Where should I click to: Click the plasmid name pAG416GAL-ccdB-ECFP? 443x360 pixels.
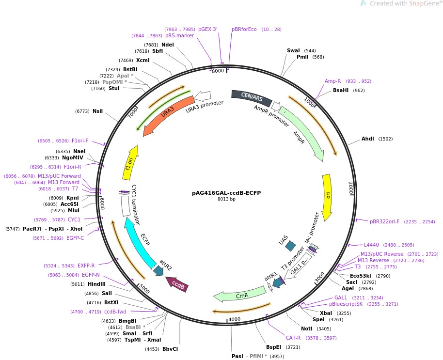click(226, 192)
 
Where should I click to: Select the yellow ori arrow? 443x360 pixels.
click(328, 194)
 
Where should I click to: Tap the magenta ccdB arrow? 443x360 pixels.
click(176, 284)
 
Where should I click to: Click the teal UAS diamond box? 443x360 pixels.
click(290, 246)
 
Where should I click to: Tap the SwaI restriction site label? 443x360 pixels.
click(293, 50)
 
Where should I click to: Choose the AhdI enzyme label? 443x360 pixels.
click(368, 139)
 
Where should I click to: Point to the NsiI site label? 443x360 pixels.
click(97, 111)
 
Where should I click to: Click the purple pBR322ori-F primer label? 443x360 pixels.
click(385, 221)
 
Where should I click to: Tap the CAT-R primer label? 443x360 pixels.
click(293, 338)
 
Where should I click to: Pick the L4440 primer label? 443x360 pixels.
click(372, 245)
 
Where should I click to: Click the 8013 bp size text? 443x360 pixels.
click(226, 199)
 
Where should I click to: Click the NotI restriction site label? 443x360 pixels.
click(306, 329)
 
